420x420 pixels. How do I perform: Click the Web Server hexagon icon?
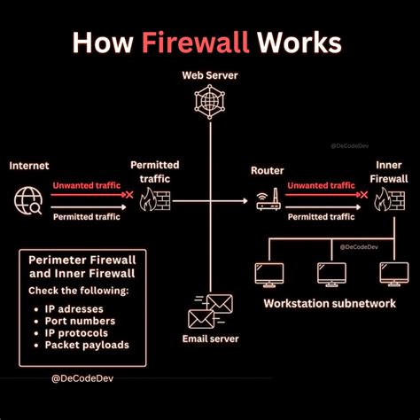(210, 105)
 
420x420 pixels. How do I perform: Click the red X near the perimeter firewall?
(129, 195)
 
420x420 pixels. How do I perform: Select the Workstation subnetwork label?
(328, 304)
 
